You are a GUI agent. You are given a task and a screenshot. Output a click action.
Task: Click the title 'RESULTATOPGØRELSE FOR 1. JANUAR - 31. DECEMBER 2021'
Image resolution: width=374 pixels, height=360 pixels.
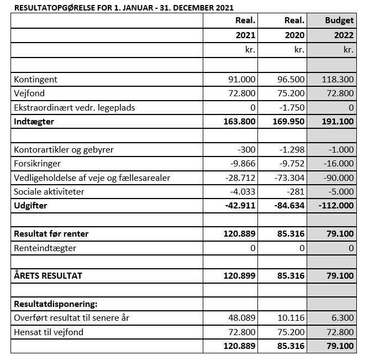tap(123, 8)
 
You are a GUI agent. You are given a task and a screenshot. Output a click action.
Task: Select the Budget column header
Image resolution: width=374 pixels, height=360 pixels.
tap(339, 21)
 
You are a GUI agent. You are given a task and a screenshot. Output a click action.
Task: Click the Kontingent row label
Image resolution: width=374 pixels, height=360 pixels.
tap(36, 80)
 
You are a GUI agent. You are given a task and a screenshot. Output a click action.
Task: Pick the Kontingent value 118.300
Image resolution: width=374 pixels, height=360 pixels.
tap(338, 80)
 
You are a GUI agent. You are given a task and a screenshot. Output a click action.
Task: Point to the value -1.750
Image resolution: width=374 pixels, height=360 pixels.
tap(292, 107)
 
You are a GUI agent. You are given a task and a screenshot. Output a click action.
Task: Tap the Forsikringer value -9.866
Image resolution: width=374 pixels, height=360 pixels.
tap(242, 164)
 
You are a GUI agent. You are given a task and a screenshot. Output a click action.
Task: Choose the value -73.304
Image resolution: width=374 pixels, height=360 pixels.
tap(289, 178)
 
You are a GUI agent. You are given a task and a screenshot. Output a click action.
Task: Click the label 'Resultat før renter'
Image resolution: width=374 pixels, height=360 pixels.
tap(51, 234)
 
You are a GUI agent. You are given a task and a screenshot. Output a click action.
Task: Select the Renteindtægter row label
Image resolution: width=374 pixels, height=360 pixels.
tap(45, 248)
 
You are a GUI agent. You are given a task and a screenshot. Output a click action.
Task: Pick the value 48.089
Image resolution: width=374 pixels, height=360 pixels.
tap(242, 318)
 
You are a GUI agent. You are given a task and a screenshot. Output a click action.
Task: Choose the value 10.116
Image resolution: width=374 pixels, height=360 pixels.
tap(291, 318)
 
